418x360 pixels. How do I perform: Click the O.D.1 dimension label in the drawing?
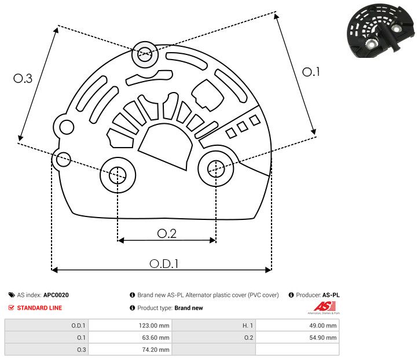(164, 264)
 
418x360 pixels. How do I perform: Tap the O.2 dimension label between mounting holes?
(167, 233)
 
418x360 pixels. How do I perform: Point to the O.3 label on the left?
(23, 79)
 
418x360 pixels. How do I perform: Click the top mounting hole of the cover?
(143, 56)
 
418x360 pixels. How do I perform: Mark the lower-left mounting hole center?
(118, 174)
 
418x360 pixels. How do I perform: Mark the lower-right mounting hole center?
(215, 169)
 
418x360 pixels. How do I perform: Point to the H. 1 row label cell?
(214, 325)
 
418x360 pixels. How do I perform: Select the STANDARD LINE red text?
(39, 308)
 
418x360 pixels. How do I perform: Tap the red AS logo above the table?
(322, 307)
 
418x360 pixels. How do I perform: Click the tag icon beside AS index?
(12, 295)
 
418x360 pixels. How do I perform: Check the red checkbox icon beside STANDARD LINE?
(12, 308)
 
